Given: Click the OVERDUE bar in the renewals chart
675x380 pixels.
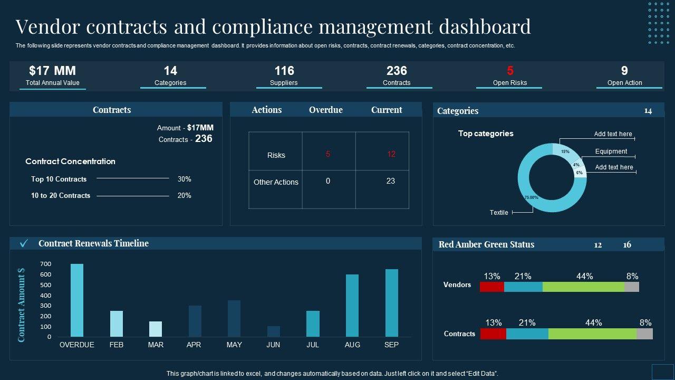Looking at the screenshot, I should (x=77, y=300).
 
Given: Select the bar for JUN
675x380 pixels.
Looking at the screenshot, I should (x=274, y=331).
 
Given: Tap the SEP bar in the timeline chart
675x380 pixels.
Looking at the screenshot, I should (x=392, y=303).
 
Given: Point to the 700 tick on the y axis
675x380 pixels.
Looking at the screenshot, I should (x=45, y=264).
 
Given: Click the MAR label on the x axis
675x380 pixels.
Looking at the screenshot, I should (x=156, y=345).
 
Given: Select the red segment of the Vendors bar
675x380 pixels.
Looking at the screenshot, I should (x=492, y=287).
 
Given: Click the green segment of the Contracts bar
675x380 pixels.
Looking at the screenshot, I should (x=592, y=334).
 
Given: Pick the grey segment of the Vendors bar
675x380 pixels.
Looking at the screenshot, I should (x=632, y=287).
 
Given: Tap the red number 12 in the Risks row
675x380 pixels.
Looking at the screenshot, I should (x=391, y=154).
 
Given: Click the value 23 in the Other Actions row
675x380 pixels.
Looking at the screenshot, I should (x=391, y=181).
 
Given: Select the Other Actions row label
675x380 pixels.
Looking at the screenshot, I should (x=276, y=182).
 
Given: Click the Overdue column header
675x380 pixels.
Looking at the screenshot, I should (x=325, y=110).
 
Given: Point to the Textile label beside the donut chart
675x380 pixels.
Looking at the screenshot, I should (x=499, y=213).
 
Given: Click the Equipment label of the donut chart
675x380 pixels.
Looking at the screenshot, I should (x=611, y=151).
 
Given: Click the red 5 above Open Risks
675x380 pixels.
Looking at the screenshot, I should (x=510, y=71).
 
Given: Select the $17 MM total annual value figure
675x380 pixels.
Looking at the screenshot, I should (x=53, y=71).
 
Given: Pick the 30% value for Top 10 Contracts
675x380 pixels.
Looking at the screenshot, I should (x=185, y=179).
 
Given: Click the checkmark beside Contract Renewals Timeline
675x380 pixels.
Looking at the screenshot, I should (x=24, y=243).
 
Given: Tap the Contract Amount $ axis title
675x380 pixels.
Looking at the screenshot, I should (x=22, y=305).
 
